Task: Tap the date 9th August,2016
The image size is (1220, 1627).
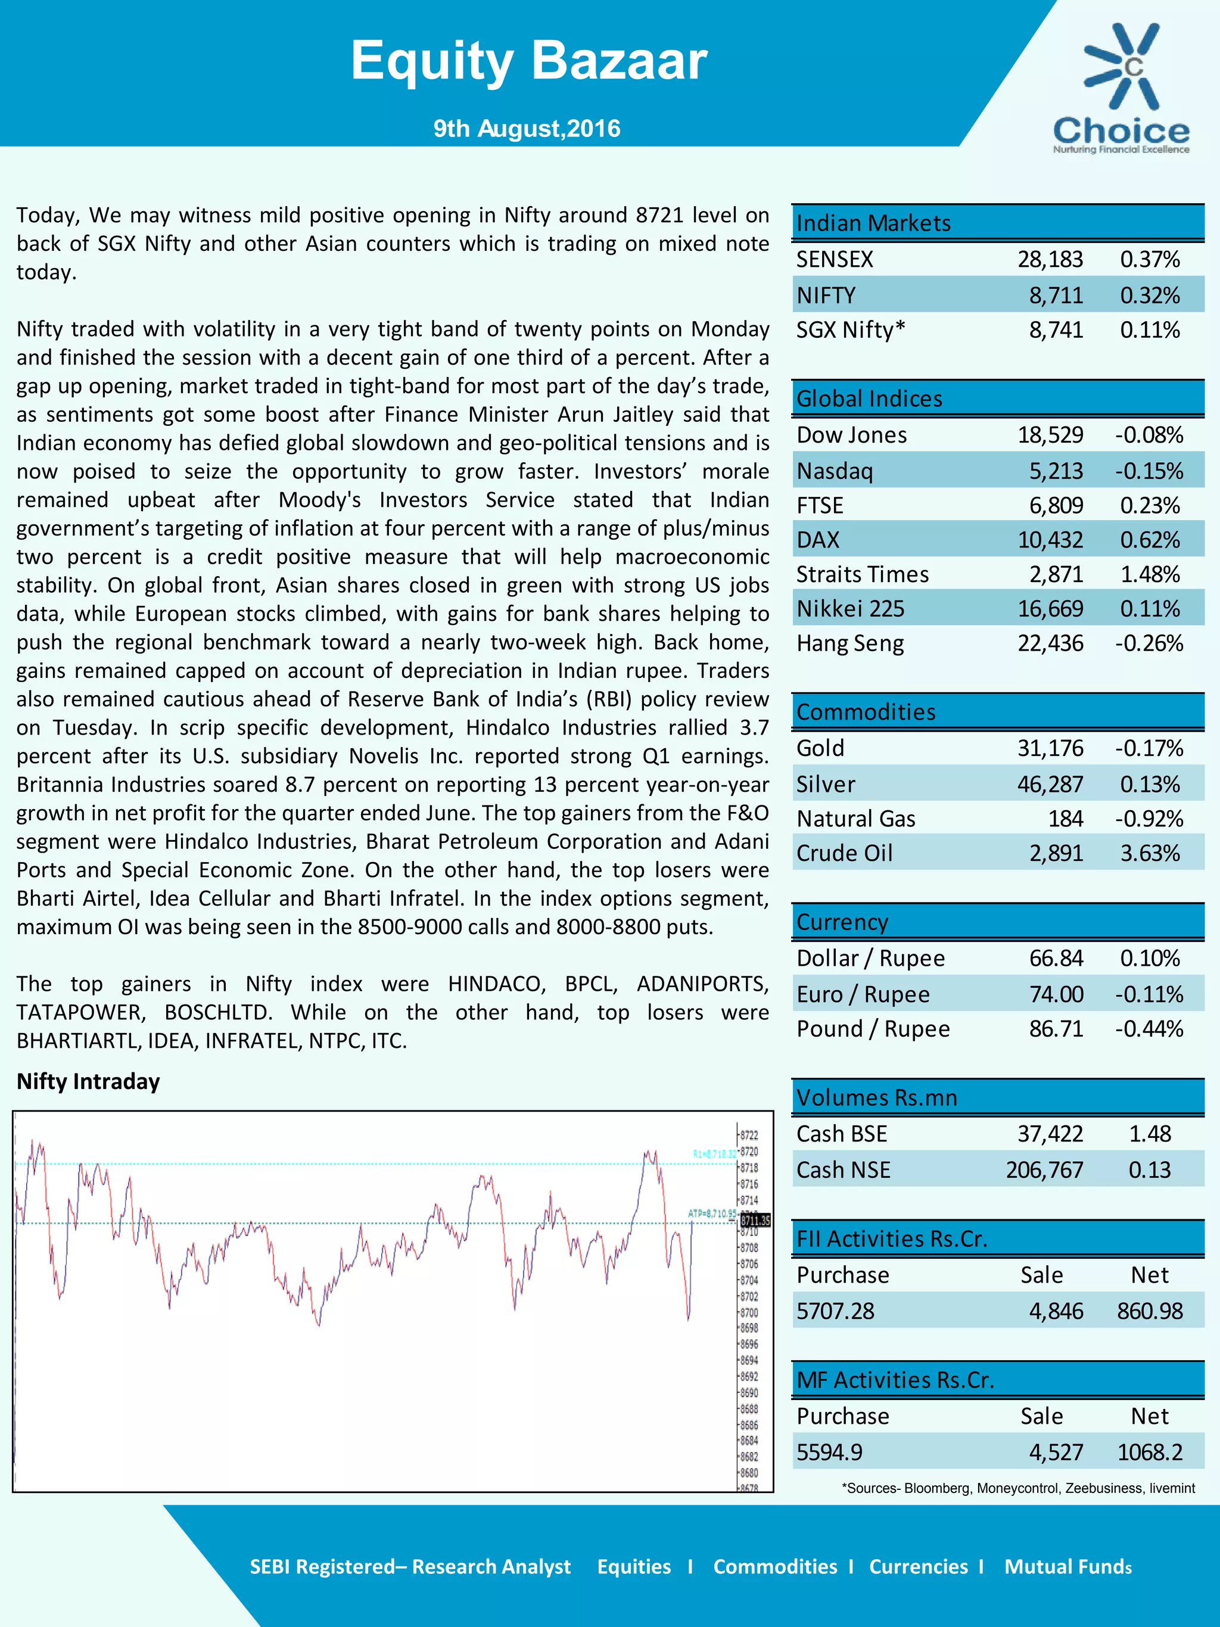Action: [527, 129]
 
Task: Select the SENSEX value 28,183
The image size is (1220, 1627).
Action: [1050, 259]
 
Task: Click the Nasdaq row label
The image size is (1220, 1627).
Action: [834, 471]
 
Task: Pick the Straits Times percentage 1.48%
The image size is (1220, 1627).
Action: [1149, 574]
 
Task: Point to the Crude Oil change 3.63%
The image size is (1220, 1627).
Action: [1149, 853]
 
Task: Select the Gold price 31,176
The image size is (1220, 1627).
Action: [1050, 748]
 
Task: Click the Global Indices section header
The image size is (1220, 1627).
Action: [869, 399]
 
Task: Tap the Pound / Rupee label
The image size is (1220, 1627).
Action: [873, 1028]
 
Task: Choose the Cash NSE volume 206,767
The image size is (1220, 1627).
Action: [1044, 1169]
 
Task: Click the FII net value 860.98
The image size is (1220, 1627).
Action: [1149, 1311]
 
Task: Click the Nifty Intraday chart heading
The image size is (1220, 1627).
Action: [88, 1081]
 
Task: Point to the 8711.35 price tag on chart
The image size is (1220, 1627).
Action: [755, 1220]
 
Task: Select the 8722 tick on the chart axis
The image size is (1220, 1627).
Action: [749, 1135]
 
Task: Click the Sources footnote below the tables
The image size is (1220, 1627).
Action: [1018, 1488]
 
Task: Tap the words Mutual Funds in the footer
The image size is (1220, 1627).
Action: [1067, 1567]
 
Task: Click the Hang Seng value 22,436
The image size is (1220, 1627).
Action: [1050, 643]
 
